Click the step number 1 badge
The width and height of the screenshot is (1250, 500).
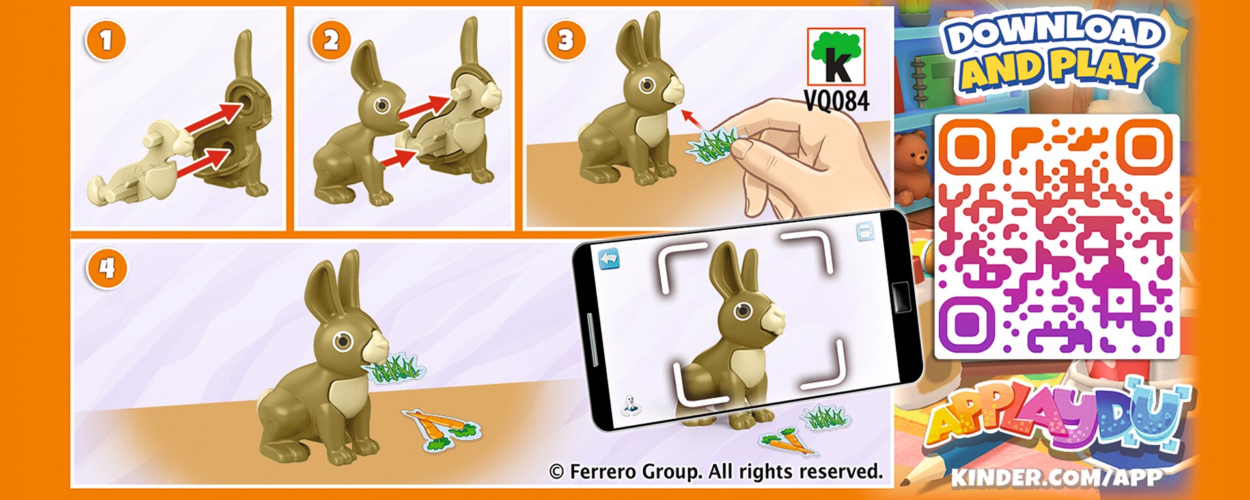tap(105, 40)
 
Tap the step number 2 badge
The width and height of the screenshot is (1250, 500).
tap(331, 40)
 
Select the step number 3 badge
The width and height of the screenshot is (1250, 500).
tap(565, 40)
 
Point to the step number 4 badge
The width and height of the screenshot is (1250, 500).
tap(106, 268)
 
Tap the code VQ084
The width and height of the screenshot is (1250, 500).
tap(837, 102)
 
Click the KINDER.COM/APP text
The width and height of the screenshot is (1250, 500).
tap(1056, 478)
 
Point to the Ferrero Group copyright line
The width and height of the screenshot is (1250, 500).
tap(716, 471)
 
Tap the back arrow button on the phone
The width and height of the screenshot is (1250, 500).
tap(609, 260)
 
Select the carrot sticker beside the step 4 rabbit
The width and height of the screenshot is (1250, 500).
tap(443, 428)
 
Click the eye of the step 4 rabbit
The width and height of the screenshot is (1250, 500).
tap(342, 341)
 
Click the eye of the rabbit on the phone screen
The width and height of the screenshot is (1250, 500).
tap(743, 311)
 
